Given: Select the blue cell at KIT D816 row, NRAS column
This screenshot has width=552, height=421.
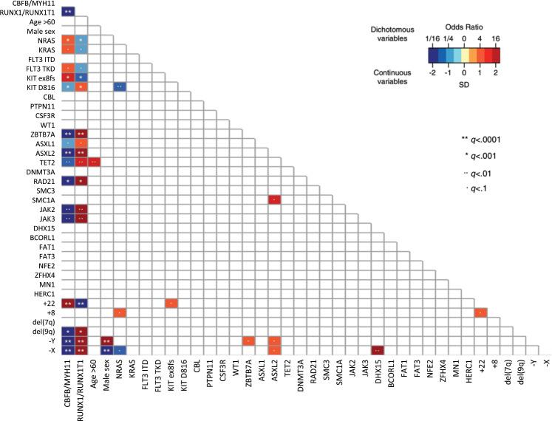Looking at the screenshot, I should pyautogui.click(x=120, y=87).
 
